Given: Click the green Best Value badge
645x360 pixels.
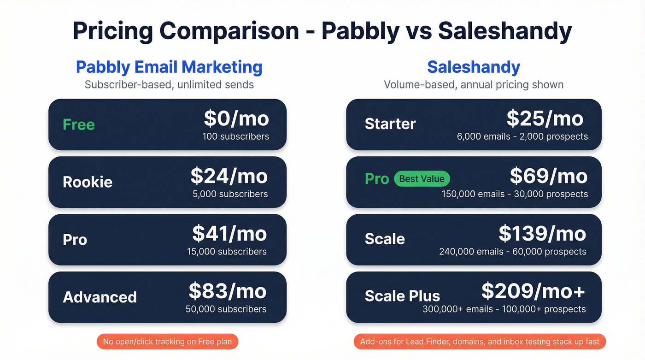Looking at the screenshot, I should tap(422, 179).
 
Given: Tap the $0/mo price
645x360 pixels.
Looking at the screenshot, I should tap(236, 119).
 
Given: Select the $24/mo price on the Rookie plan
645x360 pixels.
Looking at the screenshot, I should tap(229, 177).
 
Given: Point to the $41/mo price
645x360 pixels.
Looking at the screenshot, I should tap(229, 234).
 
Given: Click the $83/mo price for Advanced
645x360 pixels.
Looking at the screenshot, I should tap(228, 291).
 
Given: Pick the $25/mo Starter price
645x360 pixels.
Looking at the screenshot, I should tap(545, 119).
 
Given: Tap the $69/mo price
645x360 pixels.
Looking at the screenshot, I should tap(549, 177).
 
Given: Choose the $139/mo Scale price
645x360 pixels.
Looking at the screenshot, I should tap(542, 234).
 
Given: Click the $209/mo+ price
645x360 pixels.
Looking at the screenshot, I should tap(534, 291).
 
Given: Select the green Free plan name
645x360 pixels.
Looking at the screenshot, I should tap(79, 124).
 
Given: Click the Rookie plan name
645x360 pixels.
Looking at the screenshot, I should tap(88, 182).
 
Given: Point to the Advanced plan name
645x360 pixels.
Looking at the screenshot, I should tap(100, 297).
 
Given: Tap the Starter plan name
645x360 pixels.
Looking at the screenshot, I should tap(390, 124).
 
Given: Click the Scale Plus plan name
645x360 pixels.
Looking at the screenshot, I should tap(402, 296).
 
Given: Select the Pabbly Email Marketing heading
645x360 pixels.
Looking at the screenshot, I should tap(169, 67).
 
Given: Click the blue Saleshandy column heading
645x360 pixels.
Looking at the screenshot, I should tap(474, 67).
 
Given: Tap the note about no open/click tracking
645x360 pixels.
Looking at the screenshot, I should tap(168, 342).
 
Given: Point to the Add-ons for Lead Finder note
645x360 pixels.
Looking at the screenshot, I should tap(480, 342).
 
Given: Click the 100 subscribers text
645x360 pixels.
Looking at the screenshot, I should tap(235, 136).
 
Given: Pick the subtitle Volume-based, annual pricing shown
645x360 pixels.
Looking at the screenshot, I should tap(474, 85).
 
